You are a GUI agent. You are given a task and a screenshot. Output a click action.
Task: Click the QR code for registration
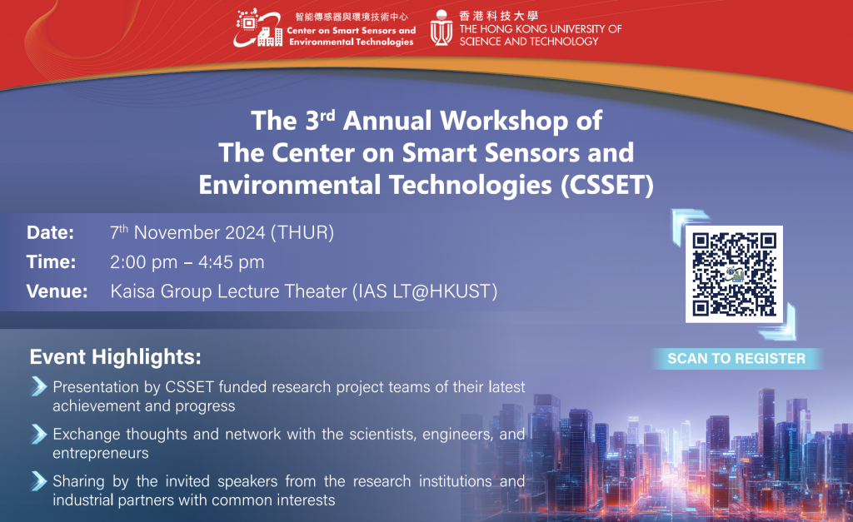pyautogui.click(x=734, y=274)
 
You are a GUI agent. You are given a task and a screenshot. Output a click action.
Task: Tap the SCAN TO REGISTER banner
pyautogui.click(x=736, y=359)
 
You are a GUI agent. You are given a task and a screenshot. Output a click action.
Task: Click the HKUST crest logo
pyautogui.click(x=441, y=28)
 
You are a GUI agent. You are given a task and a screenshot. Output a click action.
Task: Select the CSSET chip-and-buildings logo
pyautogui.click(x=258, y=27)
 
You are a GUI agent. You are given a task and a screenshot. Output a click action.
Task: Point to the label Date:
pyautogui.click(x=51, y=233)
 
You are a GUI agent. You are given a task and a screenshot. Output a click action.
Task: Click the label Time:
pyautogui.click(x=51, y=262)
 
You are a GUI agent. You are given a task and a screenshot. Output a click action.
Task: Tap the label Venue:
pyautogui.click(x=57, y=291)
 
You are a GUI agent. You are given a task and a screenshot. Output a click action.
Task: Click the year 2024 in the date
pyautogui.click(x=245, y=233)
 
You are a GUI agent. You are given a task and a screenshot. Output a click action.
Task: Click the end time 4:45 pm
pyautogui.click(x=232, y=262)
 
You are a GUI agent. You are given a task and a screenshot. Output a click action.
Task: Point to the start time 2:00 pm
pyautogui.click(x=143, y=262)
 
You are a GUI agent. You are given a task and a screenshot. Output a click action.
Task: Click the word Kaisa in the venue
pyautogui.click(x=132, y=291)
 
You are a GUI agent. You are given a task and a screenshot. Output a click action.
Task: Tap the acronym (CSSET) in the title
pyautogui.click(x=607, y=186)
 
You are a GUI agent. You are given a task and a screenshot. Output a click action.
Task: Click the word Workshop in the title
pyautogui.click(x=504, y=122)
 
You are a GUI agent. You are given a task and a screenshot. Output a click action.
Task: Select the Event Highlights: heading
pyautogui.click(x=115, y=357)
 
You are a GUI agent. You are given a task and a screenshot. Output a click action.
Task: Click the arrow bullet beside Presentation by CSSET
pyautogui.click(x=38, y=386)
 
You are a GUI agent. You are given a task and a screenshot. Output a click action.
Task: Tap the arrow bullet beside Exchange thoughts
pyautogui.click(x=38, y=434)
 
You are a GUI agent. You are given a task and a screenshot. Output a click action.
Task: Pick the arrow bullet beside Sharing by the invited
pyautogui.click(x=38, y=480)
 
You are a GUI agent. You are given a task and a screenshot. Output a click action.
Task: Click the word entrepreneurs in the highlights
pyautogui.click(x=101, y=454)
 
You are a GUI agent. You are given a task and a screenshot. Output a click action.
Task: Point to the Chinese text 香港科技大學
pyautogui.click(x=498, y=16)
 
